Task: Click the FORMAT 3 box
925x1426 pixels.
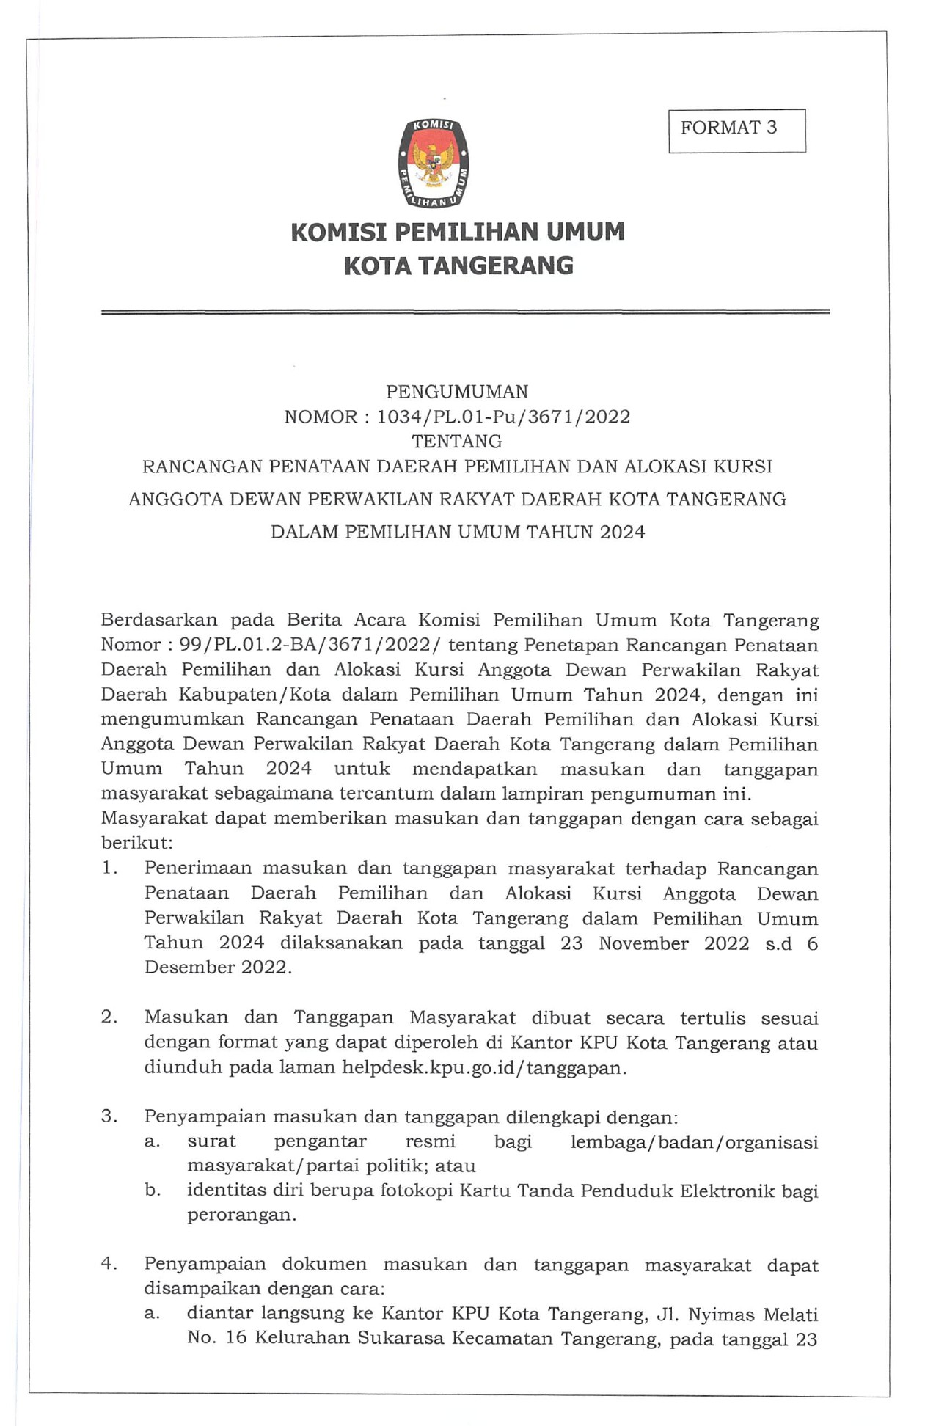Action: tap(736, 130)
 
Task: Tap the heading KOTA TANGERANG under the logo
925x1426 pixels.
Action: tap(458, 265)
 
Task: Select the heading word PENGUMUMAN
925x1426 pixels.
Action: tap(457, 391)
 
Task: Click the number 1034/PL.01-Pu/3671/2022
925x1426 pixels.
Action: tap(503, 417)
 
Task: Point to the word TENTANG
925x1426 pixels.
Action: tap(457, 442)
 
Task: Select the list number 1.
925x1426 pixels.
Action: tap(110, 868)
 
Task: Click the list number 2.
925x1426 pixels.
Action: tap(110, 1017)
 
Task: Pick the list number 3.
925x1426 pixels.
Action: tap(110, 1116)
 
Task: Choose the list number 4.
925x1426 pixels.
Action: tap(110, 1264)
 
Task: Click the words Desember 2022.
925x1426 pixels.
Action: tap(217, 968)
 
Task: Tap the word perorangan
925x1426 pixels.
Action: tap(241, 1215)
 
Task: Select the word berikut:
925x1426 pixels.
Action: tap(136, 844)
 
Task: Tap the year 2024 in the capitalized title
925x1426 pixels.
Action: tap(622, 532)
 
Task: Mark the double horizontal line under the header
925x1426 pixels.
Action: tap(465, 312)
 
